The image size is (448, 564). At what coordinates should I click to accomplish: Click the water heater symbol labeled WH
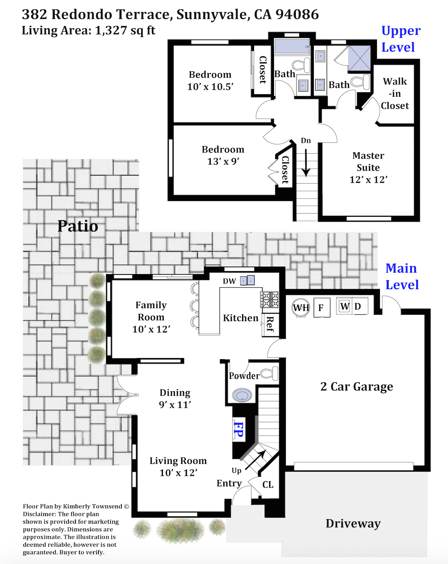301,308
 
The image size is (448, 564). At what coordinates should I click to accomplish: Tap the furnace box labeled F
322,308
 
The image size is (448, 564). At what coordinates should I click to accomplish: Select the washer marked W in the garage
344,306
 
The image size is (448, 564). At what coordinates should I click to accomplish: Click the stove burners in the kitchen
269,299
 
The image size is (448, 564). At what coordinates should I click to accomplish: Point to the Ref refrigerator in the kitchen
270,325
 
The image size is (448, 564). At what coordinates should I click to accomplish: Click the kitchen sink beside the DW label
247,280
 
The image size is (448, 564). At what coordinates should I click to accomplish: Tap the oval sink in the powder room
242,395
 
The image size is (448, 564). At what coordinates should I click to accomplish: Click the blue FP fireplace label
239,429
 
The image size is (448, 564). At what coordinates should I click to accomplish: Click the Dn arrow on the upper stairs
306,163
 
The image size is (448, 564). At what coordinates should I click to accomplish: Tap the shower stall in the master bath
359,58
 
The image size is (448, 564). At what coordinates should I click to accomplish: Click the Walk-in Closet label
395,94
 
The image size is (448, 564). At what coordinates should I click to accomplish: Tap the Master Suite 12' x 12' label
368,168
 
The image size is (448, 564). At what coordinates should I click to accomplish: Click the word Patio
78,226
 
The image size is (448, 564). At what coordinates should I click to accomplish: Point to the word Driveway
353,523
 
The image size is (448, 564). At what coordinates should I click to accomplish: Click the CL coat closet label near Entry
268,485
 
